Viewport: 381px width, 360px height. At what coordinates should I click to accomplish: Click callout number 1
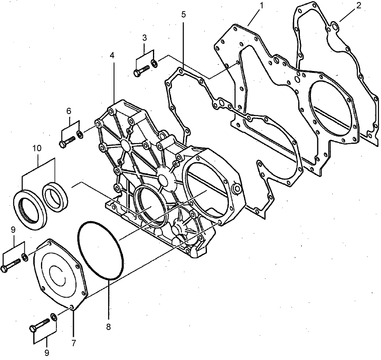[x=262, y=6]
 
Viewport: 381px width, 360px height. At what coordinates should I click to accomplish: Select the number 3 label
[x=144, y=39]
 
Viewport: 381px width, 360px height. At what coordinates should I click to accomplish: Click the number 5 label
[x=183, y=15]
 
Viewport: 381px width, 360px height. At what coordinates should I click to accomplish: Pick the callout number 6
[x=69, y=110]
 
